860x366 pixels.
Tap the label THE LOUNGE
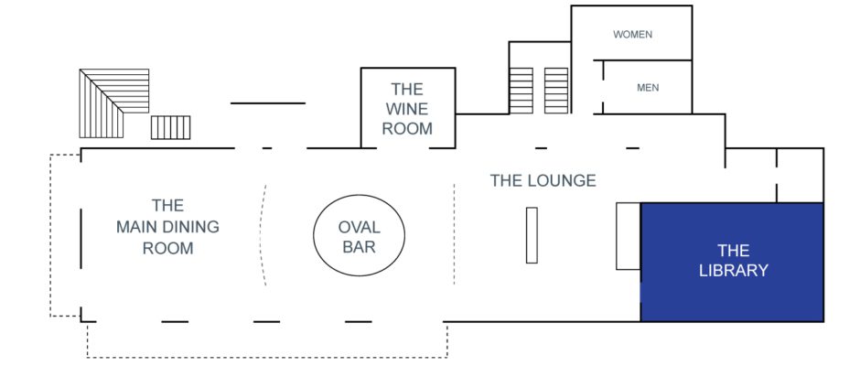pyautogui.click(x=543, y=180)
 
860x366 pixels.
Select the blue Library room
pyautogui.click(x=732, y=262)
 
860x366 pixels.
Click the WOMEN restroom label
pyautogui.click(x=632, y=35)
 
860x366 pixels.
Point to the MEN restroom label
pyautogui.click(x=648, y=88)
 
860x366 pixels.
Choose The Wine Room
pyautogui.click(x=407, y=108)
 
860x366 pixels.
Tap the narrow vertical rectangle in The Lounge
pyautogui.click(x=532, y=235)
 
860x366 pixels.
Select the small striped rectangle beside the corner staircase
pyautogui.click(x=170, y=127)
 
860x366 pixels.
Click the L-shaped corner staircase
pyautogui.click(x=102, y=104)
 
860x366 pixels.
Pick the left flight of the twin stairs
pyautogui.click(x=521, y=91)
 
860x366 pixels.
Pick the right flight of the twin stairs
pyautogui.click(x=556, y=91)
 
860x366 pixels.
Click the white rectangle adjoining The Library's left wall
pyautogui.click(x=629, y=236)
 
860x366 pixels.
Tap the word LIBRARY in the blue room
pyautogui.click(x=734, y=271)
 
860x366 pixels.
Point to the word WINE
pyautogui.click(x=407, y=109)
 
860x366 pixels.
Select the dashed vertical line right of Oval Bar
pyautogui.click(x=454, y=235)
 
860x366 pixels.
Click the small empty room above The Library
pyautogui.click(x=801, y=175)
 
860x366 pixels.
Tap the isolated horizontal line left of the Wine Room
pyautogui.click(x=268, y=103)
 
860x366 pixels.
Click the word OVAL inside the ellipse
pyautogui.click(x=359, y=227)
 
